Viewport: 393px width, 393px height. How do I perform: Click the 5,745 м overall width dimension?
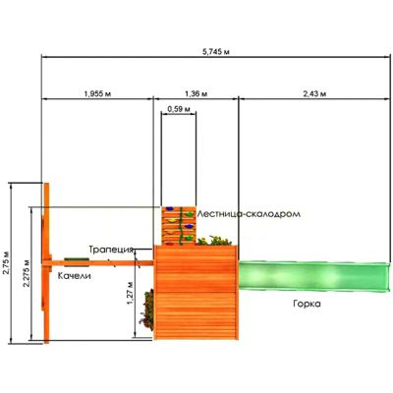click(x=215, y=51)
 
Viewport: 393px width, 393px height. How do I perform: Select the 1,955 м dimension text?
click(x=98, y=93)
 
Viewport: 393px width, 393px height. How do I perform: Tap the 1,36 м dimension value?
click(x=196, y=93)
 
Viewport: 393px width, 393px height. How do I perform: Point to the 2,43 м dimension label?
click(x=314, y=93)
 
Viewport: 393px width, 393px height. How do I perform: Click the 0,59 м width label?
click(x=179, y=109)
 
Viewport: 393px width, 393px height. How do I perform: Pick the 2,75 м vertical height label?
click(x=6, y=263)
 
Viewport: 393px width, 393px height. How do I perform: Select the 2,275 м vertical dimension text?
click(x=27, y=274)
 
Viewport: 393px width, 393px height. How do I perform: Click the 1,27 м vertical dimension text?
click(x=130, y=293)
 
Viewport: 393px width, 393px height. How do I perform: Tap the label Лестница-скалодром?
click(x=249, y=214)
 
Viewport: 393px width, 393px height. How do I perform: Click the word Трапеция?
click(x=111, y=250)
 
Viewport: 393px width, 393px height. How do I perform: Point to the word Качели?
click(x=75, y=276)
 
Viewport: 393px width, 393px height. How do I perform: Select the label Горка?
click(x=307, y=304)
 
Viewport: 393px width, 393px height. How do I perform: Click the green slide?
click(x=314, y=276)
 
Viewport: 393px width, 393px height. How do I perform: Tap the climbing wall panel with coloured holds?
click(x=179, y=226)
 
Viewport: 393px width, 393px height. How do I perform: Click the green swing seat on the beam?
click(x=77, y=260)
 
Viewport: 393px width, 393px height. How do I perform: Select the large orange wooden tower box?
click(x=196, y=293)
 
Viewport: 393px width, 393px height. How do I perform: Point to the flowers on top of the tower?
click(x=214, y=241)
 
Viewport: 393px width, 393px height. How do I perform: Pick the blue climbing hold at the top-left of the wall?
click(x=169, y=208)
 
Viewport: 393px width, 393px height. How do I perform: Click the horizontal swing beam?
click(x=98, y=263)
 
